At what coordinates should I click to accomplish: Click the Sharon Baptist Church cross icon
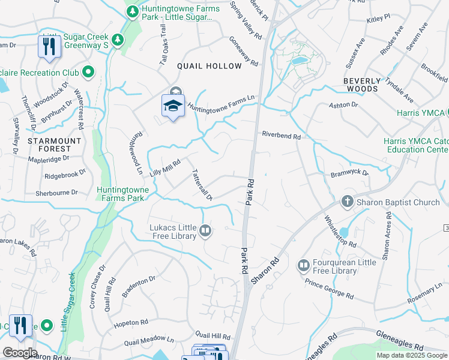[347, 202]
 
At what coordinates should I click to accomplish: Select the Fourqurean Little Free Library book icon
[303, 265]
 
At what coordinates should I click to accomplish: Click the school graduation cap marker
[173, 106]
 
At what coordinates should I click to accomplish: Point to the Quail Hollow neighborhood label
[209, 66]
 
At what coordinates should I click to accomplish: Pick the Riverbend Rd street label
[280, 136]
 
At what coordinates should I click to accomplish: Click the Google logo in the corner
[19, 352]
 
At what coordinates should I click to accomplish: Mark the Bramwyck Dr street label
[349, 173]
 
